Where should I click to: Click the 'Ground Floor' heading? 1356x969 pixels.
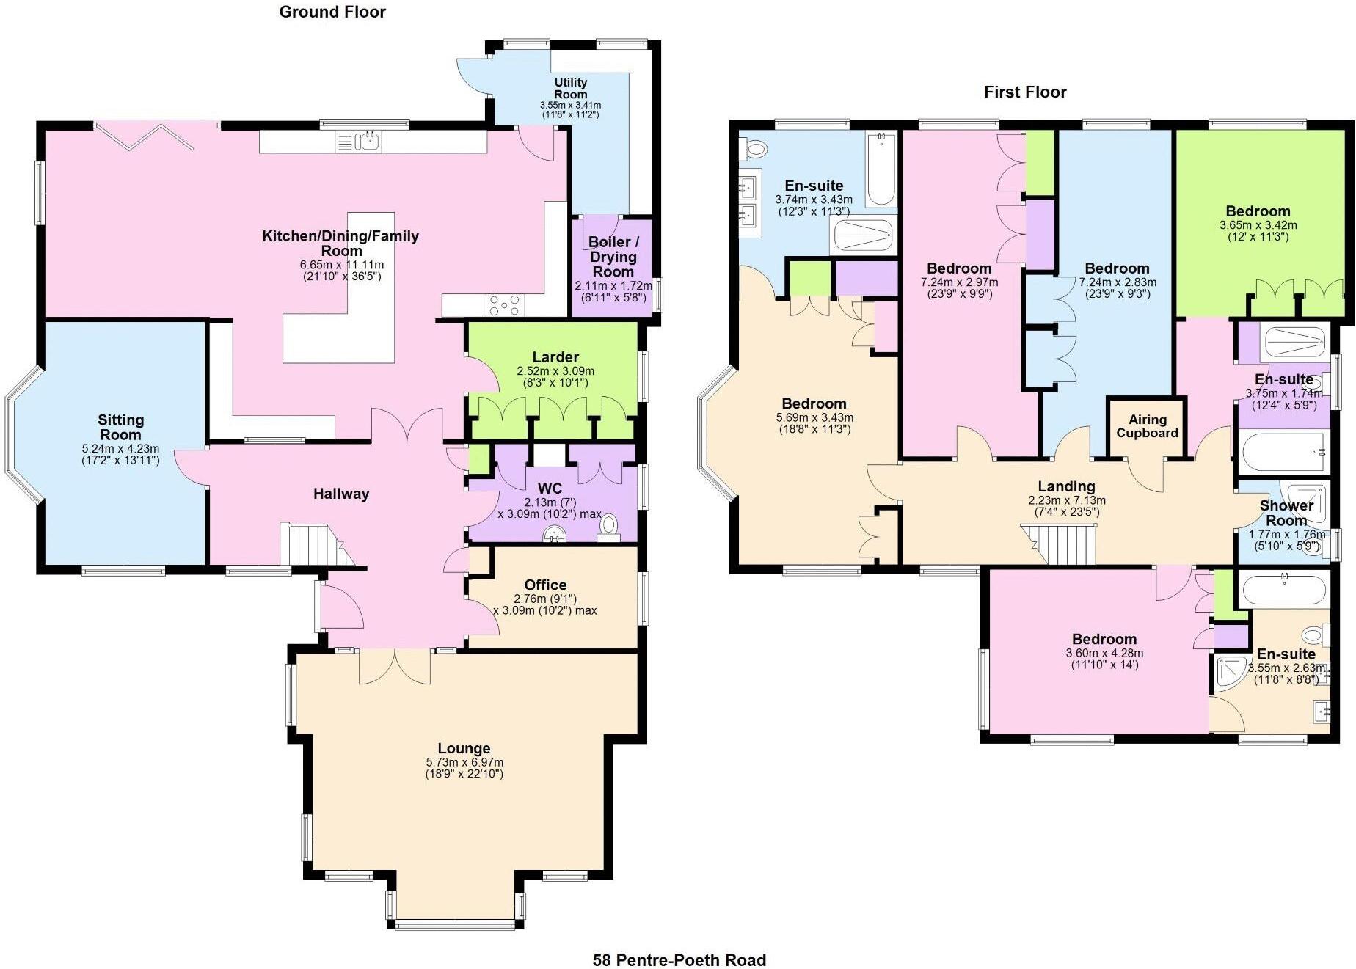[332, 12]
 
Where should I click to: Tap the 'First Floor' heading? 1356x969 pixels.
[1024, 92]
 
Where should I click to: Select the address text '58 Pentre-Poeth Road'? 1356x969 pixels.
[679, 959]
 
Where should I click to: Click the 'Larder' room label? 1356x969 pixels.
[555, 357]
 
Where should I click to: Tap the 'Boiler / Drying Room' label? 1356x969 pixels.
[613, 257]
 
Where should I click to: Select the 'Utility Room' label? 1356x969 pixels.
[570, 88]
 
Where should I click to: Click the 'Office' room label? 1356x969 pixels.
[545, 585]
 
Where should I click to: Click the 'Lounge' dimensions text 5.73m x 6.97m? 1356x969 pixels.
[464, 762]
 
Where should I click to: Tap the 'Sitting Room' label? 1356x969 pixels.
[120, 427]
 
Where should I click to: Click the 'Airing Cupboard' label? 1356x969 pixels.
[1147, 425]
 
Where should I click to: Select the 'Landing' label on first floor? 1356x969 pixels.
[1066, 486]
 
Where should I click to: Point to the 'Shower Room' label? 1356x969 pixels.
[1286, 513]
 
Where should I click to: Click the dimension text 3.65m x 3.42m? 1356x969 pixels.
[1258, 225]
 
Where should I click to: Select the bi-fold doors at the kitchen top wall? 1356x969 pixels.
[144, 136]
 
